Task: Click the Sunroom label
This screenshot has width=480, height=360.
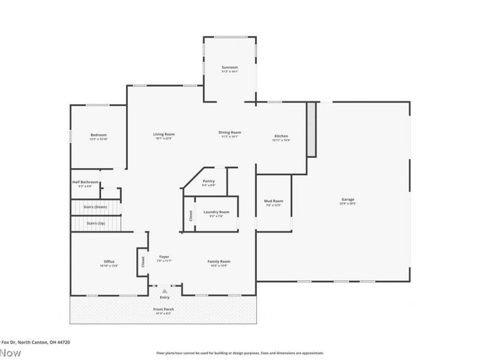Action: click(230, 67)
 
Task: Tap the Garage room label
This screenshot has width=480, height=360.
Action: click(348, 200)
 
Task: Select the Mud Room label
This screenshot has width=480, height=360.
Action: click(274, 201)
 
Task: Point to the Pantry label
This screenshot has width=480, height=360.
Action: click(209, 181)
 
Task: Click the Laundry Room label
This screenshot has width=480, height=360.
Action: click(217, 212)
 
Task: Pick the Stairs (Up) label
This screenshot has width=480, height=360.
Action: click(96, 223)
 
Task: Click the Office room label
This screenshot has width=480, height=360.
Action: click(109, 262)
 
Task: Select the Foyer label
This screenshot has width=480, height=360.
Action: click(164, 257)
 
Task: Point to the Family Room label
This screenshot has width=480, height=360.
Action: click(219, 262)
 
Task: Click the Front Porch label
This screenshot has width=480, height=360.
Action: click(164, 309)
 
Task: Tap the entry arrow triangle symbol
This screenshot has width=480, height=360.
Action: click(164, 290)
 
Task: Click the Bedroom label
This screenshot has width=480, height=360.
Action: click(99, 135)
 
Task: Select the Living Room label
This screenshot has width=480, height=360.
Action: click(164, 134)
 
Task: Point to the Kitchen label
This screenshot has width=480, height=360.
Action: click(282, 136)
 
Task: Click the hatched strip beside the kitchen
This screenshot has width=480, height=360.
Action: click(311, 129)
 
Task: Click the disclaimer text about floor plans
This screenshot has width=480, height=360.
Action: click(240, 353)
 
